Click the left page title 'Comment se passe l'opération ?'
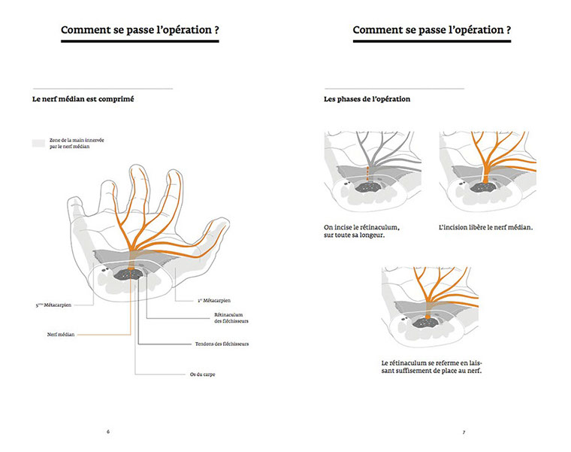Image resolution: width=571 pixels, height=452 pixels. [140, 30]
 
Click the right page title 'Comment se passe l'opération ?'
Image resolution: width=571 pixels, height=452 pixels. [432, 30]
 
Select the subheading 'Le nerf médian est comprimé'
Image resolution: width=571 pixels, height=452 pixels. [83, 99]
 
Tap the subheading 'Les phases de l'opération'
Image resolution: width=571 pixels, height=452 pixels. [367, 99]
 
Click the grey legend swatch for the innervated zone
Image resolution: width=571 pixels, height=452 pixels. [38, 142]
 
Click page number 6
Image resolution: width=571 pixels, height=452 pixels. [108, 432]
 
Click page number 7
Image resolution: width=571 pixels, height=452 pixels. [464, 432]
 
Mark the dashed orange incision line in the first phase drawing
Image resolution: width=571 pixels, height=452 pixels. [367, 174]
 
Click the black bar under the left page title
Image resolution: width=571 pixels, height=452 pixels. [140, 42]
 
